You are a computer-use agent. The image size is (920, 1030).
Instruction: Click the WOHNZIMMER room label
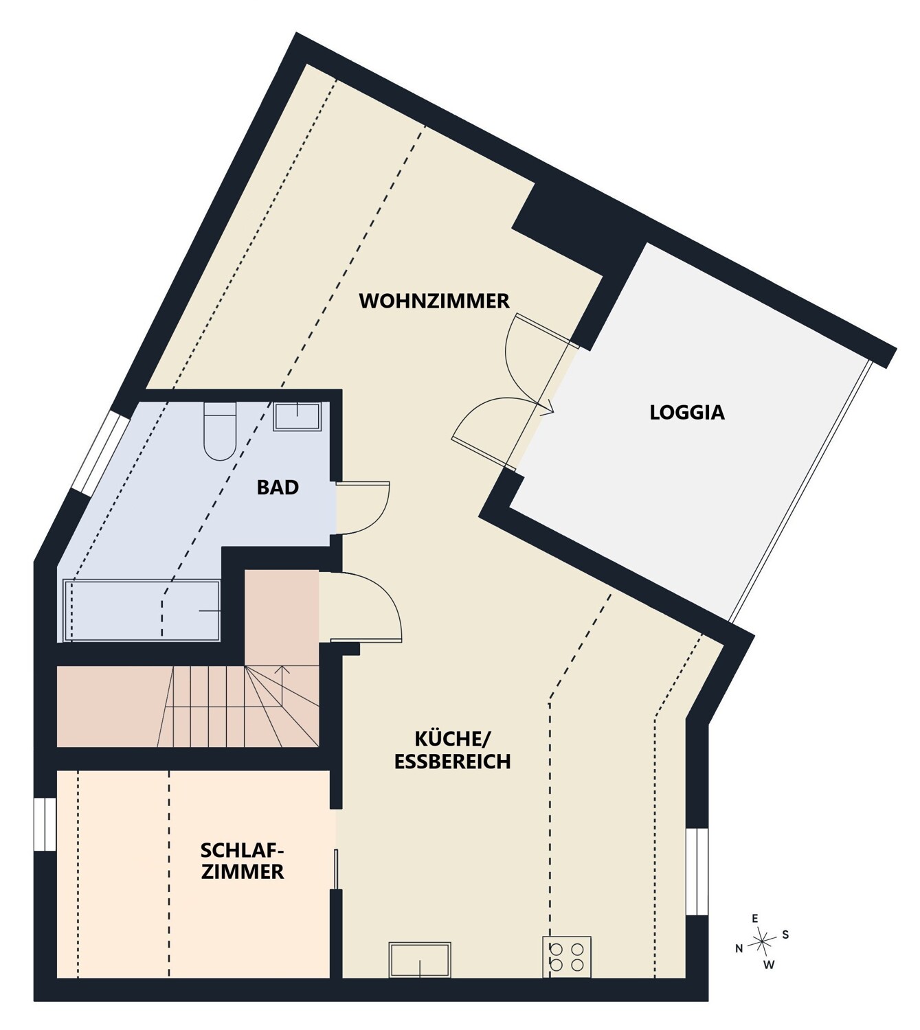tap(434, 301)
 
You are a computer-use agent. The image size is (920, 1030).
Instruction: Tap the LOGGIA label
tap(687, 412)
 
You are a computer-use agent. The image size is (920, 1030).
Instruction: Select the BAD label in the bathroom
tap(278, 488)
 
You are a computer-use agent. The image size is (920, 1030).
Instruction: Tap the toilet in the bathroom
tap(220, 431)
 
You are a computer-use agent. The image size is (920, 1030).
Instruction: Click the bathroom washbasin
tap(298, 416)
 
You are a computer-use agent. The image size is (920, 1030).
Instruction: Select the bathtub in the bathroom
tap(142, 610)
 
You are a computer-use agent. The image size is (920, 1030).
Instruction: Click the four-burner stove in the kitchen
tap(567, 957)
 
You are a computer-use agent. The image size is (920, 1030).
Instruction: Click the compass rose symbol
tap(762, 942)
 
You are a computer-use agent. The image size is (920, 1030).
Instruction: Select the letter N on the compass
tap(739, 949)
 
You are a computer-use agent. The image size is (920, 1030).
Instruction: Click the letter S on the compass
tap(785, 935)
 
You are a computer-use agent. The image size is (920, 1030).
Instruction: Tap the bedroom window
tap(45, 825)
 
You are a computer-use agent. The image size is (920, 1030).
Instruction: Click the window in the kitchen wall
tap(697, 871)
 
